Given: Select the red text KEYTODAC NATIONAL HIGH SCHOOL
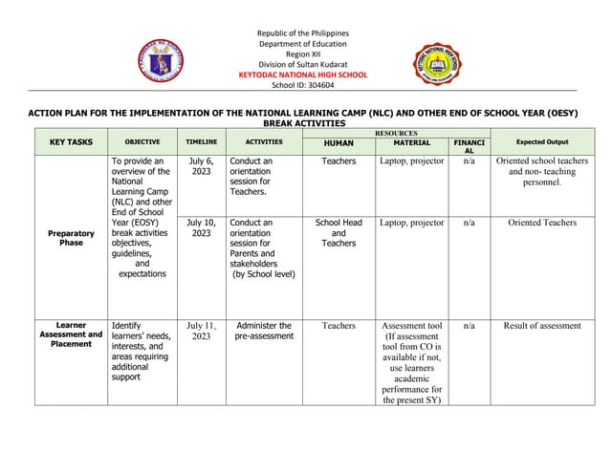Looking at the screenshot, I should (x=303, y=74).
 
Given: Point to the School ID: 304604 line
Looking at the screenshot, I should (x=303, y=85).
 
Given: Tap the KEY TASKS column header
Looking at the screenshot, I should (x=71, y=142).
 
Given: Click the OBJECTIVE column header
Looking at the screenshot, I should (x=142, y=142).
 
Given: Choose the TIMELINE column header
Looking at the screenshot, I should (x=201, y=142).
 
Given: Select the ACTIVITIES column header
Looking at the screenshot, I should (x=264, y=142).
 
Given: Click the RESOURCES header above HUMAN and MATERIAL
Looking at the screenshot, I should (x=396, y=134).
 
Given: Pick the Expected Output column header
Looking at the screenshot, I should (x=542, y=142).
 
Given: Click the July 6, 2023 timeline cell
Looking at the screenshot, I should (x=201, y=167).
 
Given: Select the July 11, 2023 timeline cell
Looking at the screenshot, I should (x=201, y=332).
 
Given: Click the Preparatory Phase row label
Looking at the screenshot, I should (x=72, y=238).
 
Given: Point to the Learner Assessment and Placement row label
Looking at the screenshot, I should (x=71, y=334).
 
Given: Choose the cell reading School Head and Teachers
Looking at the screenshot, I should (x=339, y=233).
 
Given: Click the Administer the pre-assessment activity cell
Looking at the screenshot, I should (x=264, y=332).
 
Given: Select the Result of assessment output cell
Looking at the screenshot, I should (x=542, y=326).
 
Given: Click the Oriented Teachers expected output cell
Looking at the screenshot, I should (x=542, y=223).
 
